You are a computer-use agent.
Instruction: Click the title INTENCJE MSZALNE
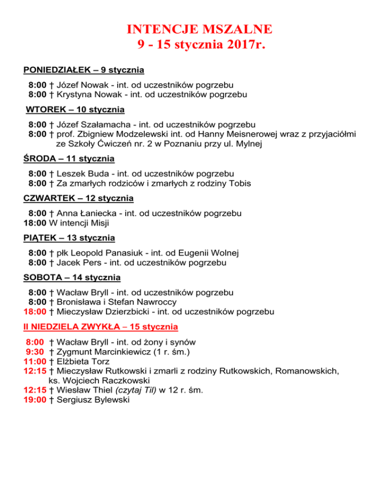(200, 29)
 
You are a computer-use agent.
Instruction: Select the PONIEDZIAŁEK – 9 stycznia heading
(84, 69)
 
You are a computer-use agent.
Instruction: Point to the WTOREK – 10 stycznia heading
(75, 109)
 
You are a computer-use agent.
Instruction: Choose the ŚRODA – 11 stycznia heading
(69, 159)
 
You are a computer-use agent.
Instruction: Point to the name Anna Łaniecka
(87, 213)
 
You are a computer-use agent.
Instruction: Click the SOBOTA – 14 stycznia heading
(72, 277)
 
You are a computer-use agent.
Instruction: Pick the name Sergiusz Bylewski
(93, 400)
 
